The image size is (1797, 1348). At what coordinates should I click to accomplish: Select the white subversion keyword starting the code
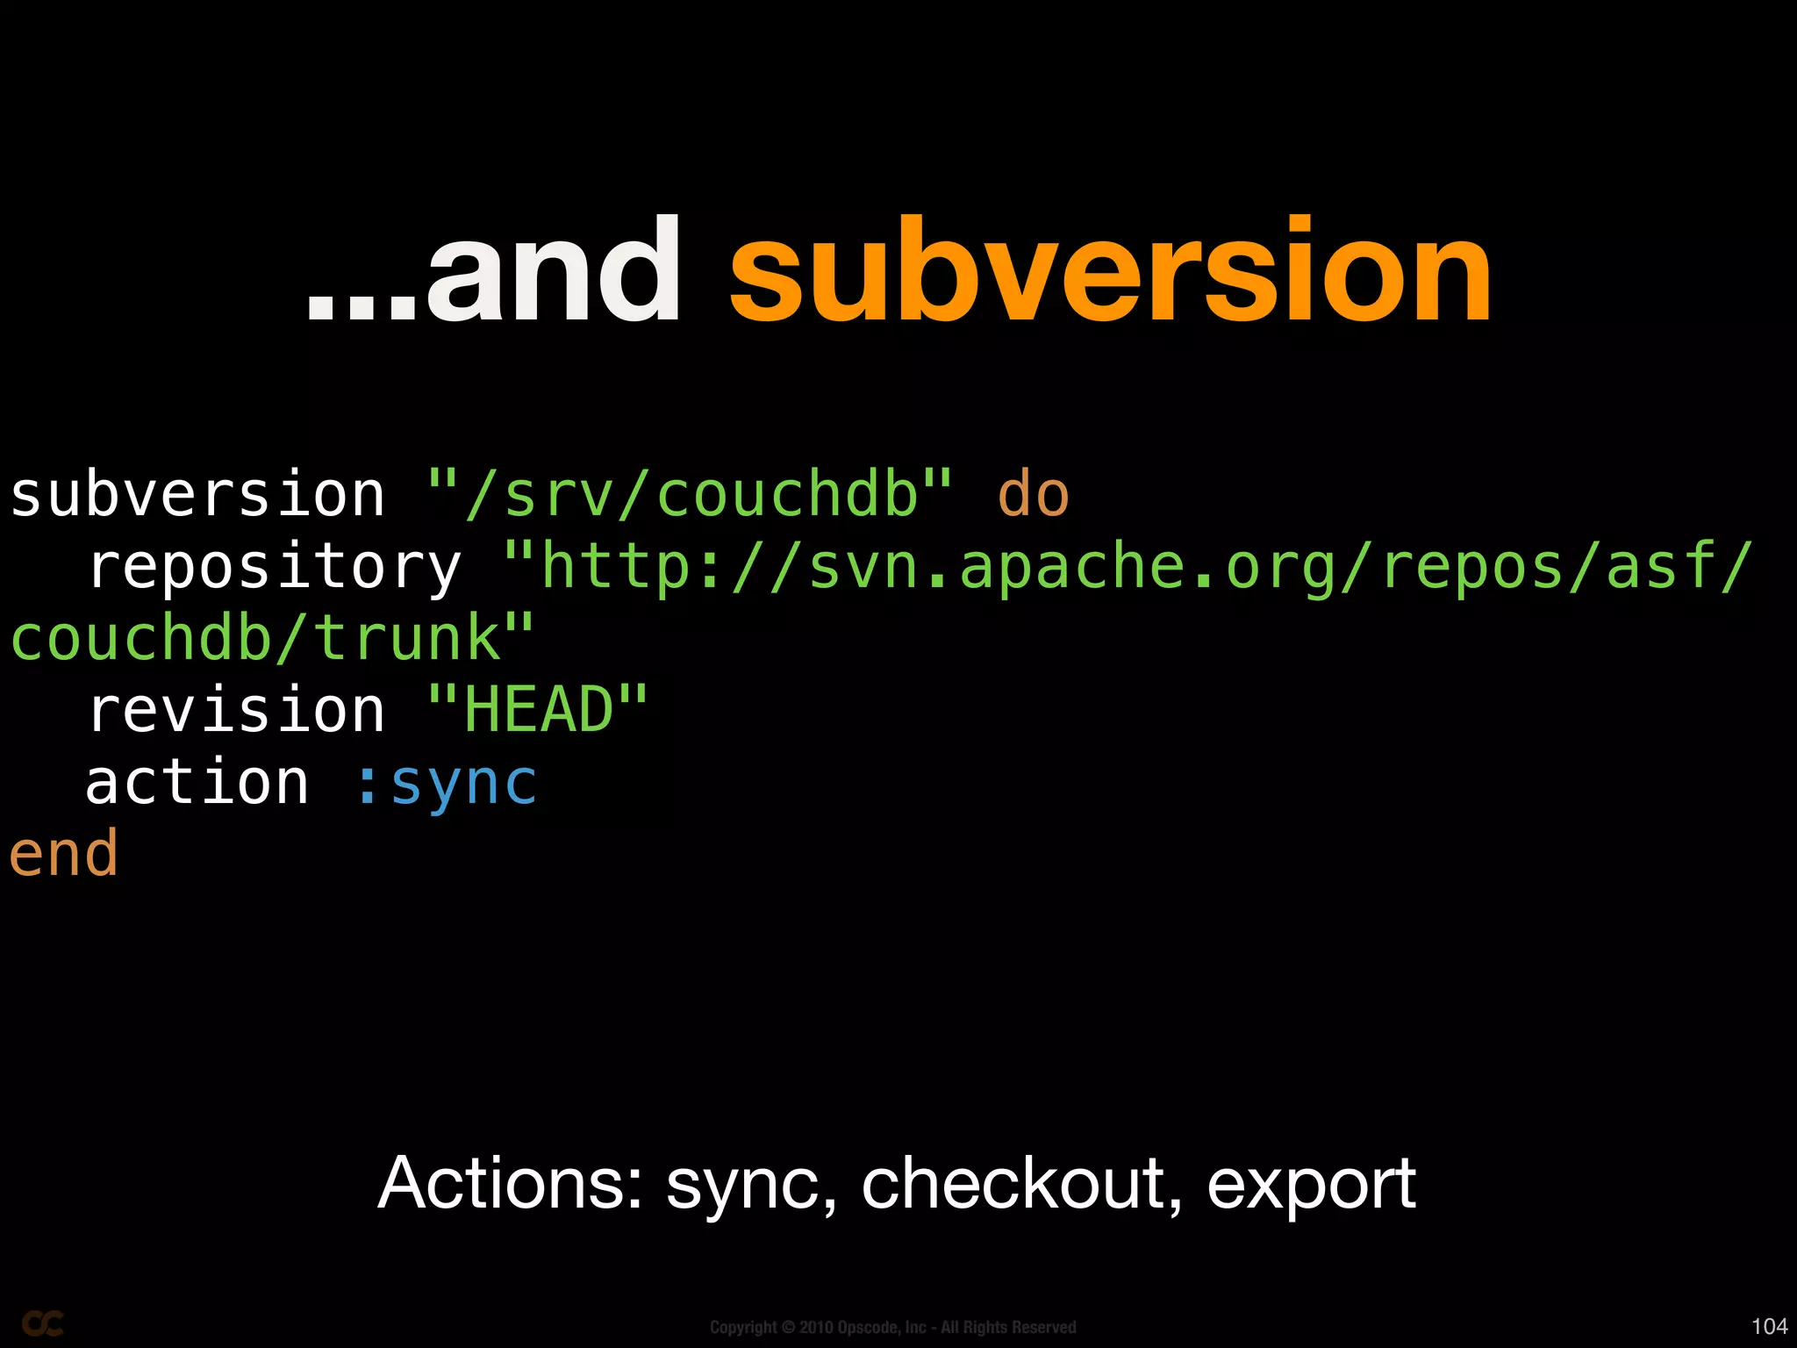click(x=197, y=495)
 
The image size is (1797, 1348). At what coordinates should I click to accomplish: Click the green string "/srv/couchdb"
click(x=690, y=495)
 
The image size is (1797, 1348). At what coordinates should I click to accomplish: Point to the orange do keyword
click(x=1033, y=495)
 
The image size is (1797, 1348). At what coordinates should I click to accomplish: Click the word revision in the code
click(x=236, y=710)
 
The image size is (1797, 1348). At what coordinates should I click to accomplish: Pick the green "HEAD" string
click(x=538, y=710)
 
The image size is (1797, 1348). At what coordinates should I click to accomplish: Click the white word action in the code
click(x=197, y=782)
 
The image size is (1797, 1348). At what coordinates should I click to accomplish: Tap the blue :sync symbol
click(x=446, y=782)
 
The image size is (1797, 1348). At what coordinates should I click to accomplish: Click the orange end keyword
click(x=63, y=854)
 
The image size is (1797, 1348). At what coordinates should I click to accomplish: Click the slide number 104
click(x=1769, y=1326)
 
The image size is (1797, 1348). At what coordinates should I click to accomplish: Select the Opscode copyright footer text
click(x=892, y=1327)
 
